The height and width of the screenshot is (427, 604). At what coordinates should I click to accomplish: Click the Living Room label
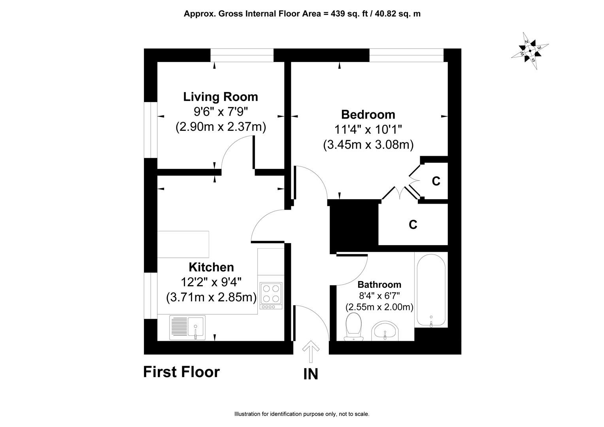[x=221, y=97]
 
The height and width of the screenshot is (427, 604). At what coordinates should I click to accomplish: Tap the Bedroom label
[x=368, y=115]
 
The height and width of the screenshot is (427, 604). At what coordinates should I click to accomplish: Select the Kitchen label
[x=211, y=267]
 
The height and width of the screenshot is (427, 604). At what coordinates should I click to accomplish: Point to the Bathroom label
[x=379, y=285]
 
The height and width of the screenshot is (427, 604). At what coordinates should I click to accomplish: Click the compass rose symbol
[x=530, y=51]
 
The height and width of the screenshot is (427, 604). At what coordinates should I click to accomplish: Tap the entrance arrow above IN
[x=311, y=351]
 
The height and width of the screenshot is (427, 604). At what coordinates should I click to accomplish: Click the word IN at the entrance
[x=311, y=374]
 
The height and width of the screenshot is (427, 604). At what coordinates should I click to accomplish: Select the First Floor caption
[x=181, y=372]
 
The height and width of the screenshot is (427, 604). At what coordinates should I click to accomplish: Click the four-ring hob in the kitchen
[x=271, y=296]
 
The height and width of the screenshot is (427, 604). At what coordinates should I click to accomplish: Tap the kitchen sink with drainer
[x=187, y=327]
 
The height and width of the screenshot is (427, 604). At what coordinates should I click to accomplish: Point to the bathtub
[x=431, y=290]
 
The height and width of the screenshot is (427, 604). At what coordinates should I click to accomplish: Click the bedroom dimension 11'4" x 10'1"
[x=368, y=130]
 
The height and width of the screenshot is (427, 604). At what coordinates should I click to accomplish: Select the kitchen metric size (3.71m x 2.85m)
[x=211, y=298]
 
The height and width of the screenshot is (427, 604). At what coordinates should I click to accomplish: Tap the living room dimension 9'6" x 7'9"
[x=221, y=111]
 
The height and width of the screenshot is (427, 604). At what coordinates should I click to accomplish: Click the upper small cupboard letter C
[x=436, y=181]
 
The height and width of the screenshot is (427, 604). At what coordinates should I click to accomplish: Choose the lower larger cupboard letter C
[x=413, y=225]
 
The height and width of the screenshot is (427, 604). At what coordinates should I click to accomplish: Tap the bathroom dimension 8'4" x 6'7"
[x=379, y=296]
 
